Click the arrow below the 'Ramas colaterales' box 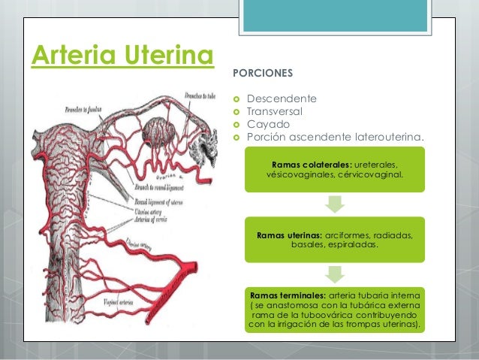(x=335, y=204)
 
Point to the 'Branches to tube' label (x=202, y=96)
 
